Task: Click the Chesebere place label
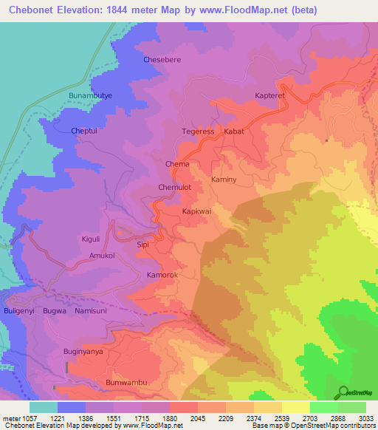(x=161, y=59)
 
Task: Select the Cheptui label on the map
(x=85, y=131)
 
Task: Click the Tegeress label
(x=198, y=132)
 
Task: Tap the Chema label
(x=177, y=164)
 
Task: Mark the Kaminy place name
(x=224, y=180)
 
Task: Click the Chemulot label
(x=175, y=188)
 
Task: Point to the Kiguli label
(x=91, y=239)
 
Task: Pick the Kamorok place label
(x=162, y=275)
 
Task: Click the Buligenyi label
(x=16, y=312)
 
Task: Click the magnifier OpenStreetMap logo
(x=343, y=392)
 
